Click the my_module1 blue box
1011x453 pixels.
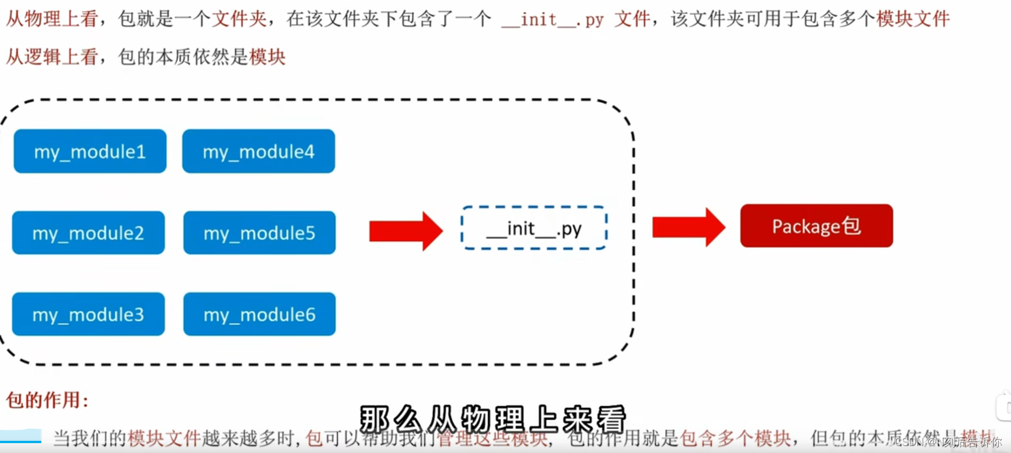(x=90, y=151)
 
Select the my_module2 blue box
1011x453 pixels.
(x=88, y=233)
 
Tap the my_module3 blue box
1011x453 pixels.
(x=88, y=314)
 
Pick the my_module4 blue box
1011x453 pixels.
(x=258, y=151)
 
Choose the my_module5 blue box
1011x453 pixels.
(x=260, y=233)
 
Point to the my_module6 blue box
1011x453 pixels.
(x=260, y=314)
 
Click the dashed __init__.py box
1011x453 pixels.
(x=534, y=228)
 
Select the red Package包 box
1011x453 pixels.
(x=816, y=226)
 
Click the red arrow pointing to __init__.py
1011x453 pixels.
(x=405, y=231)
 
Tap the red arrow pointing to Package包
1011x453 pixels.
(x=688, y=227)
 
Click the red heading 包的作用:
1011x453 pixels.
(x=47, y=400)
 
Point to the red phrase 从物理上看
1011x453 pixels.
(x=52, y=19)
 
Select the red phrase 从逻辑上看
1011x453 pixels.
(x=52, y=57)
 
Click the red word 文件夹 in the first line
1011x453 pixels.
(x=239, y=19)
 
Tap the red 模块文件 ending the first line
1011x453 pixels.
(x=913, y=19)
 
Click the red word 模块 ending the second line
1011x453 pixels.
(x=267, y=57)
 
